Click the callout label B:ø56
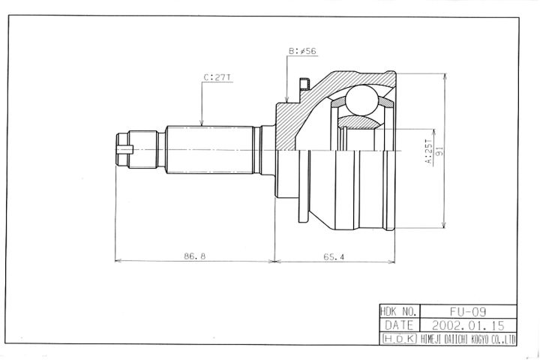(x=302, y=51)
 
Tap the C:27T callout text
(x=217, y=77)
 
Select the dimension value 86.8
(x=194, y=256)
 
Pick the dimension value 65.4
(x=334, y=256)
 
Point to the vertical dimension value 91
(x=439, y=151)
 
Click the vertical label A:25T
(x=428, y=152)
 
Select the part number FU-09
(x=468, y=312)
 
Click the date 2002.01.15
(x=468, y=325)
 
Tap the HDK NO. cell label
(x=400, y=312)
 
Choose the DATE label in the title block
(x=399, y=325)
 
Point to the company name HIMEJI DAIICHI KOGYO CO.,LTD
(x=468, y=339)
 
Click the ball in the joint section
(x=361, y=100)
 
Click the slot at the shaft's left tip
(x=124, y=149)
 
